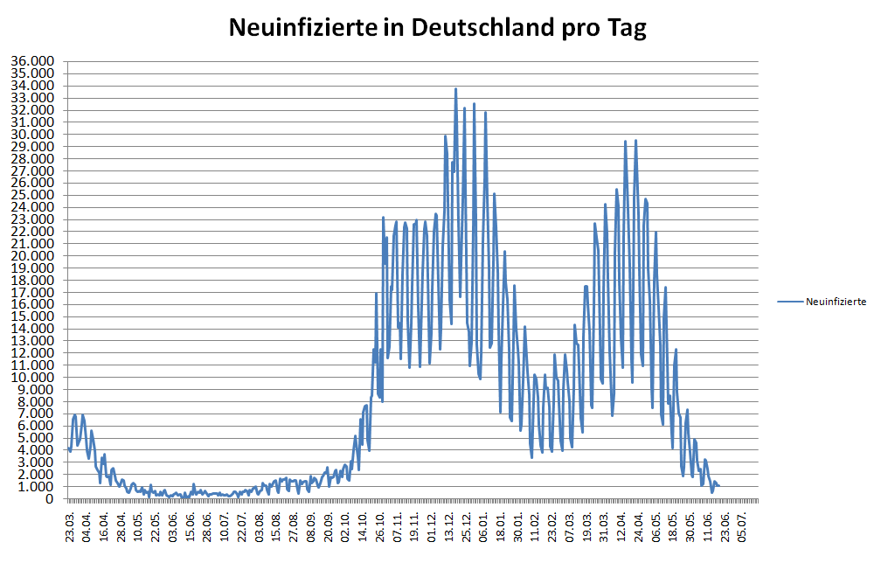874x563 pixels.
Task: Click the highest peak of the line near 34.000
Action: [x=455, y=88]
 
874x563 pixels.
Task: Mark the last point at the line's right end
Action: [x=718, y=486]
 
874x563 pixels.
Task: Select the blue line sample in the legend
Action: [x=789, y=302]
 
